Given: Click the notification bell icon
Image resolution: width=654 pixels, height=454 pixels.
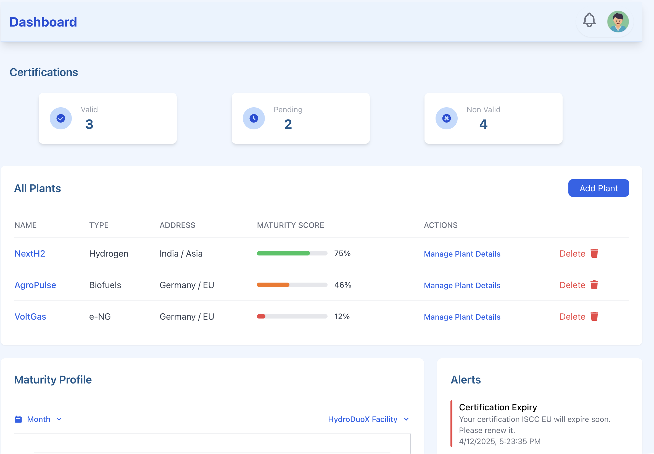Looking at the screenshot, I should [589, 20].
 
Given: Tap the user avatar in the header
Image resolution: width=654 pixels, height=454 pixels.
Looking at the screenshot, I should [618, 22].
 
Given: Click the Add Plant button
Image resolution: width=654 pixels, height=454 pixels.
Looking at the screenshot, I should [598, 188].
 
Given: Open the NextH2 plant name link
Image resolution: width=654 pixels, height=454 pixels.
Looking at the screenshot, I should [30, 254].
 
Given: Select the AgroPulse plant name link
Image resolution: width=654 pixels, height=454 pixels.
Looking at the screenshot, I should [35, 285].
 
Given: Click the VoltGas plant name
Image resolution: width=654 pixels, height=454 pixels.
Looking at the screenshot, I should [30, 317].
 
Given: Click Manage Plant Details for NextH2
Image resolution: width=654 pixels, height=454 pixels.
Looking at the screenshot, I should [462, 254].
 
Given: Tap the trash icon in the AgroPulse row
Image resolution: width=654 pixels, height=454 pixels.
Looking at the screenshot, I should [594, 285].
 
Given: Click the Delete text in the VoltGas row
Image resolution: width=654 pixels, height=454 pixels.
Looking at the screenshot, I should [572, 317].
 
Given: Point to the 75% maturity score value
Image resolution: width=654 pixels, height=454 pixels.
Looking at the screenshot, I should [342, 253].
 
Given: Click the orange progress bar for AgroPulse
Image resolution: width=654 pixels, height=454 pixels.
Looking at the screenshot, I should [273, 285].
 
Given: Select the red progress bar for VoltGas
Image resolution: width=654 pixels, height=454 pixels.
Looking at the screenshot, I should [261, 316].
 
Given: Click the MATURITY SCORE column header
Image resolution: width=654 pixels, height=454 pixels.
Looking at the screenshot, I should [290, 225].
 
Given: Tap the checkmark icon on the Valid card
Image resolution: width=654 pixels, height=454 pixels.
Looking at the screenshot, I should [61, 118].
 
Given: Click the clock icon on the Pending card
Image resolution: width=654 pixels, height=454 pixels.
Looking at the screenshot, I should [254, 118].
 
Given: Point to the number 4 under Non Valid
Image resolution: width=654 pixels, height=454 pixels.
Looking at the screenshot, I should [483, 124].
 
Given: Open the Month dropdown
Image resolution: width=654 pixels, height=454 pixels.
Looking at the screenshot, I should [38, 419].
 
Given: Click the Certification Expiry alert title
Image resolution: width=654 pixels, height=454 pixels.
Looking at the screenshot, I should [498, 407].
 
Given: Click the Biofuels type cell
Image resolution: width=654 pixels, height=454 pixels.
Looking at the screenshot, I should [105, 285].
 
